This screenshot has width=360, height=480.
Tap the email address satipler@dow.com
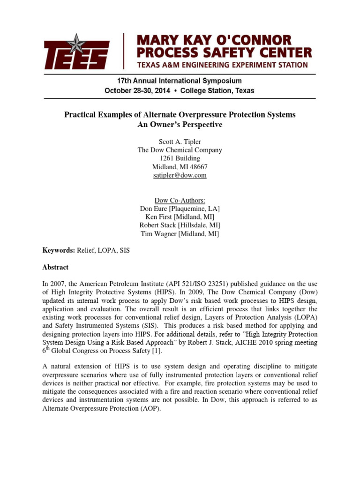[x=180, y=175]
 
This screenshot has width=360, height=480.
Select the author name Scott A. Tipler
[x=180, y=142]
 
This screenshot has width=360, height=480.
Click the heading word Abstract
[x=55, y=267]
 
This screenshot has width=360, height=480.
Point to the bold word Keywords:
[x=59, y=251]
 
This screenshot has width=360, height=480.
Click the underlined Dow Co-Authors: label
[x=180, y=200]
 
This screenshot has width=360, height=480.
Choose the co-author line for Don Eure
[x=180, y=209]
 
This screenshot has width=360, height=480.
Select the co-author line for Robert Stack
[x=180, y=225]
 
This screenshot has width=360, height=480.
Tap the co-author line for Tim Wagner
[x=180, y=234]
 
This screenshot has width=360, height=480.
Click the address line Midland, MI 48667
[x=180, y=167]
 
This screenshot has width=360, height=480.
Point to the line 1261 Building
[x=180, y=158]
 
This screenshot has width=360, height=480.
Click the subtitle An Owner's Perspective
[x=180, y=125]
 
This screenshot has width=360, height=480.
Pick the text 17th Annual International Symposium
[x=180, y=81]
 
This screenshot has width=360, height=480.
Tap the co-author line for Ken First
[x=180, y=217]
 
